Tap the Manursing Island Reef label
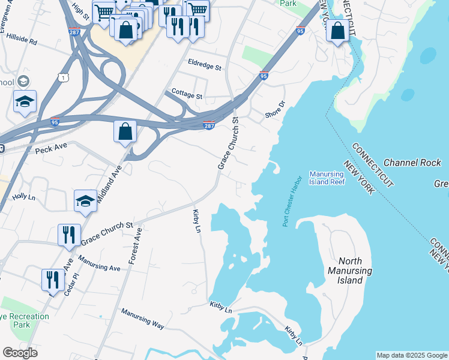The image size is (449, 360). (327, 178)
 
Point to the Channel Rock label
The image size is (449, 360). (412, 163)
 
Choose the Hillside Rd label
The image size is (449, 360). (22, 43)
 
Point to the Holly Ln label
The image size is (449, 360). (24, 196)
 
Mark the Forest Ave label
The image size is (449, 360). (135, 246)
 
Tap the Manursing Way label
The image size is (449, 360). (142, 318)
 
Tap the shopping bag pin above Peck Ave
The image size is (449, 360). (125, 131)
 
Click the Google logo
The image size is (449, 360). (20, 353)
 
